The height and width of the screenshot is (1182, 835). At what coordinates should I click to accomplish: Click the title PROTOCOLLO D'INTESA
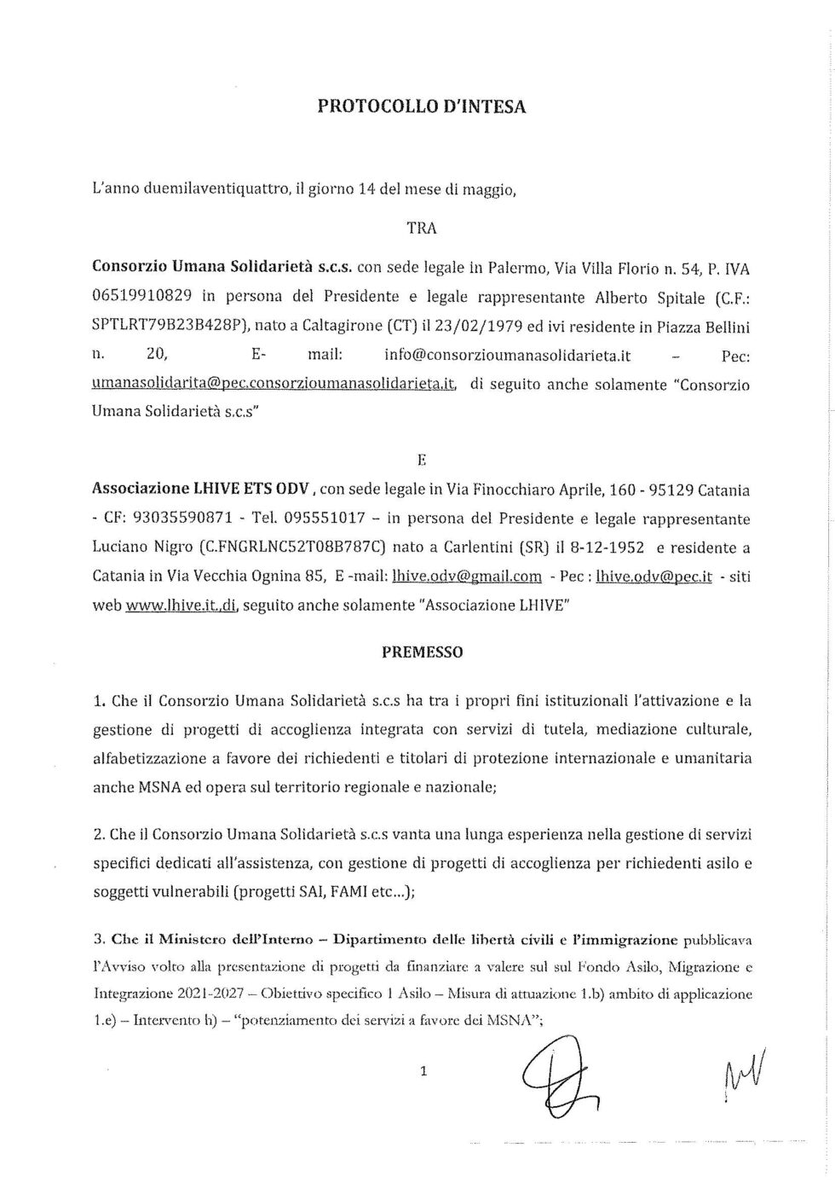[x=422, y=107]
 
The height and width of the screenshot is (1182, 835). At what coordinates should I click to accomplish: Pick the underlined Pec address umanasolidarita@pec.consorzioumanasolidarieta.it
[x=274, y=385]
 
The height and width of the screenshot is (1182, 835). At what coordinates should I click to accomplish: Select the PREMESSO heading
[x=422, y=652]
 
